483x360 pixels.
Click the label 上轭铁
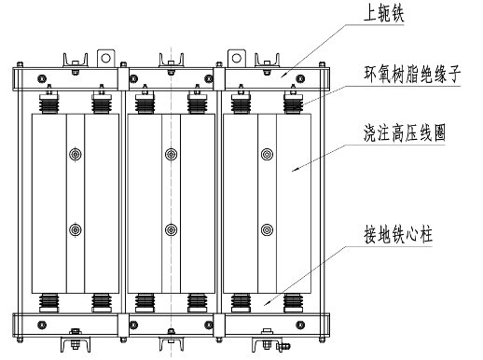click(x=384, y=15)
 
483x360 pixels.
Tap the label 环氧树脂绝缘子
click(x=412, y=75)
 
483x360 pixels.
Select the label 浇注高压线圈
click(x=405, y=133)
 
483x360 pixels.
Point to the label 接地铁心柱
click(x=398, y=235)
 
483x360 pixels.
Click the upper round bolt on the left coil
click(x=76, y=154)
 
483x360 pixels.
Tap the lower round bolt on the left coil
click(x=76, y=230)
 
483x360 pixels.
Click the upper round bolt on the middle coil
click(x=172, y=154)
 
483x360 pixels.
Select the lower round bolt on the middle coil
click(x=172, y=230)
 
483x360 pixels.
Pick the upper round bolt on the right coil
click(x=267, y=154)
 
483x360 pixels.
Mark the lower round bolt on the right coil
click(x=267, y=230)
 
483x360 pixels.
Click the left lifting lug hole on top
click(x=106, y=58)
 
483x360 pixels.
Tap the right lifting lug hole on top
click(x=237, y=58)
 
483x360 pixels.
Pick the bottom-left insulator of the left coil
click(x=48, y=303)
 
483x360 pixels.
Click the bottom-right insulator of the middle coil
click(x=198, y=303)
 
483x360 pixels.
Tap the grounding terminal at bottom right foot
click(x=283, y=346)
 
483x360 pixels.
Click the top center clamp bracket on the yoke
click(x=172, y=63)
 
